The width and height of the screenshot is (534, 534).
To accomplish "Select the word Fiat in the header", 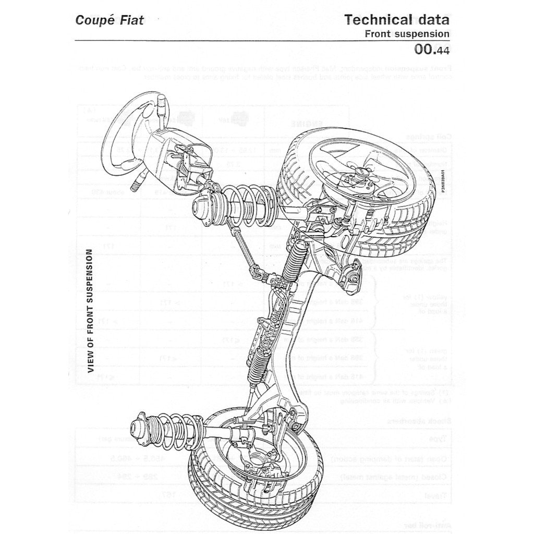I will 130,21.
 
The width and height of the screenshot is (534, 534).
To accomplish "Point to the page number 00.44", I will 431,50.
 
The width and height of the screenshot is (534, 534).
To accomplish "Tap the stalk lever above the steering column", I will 162,105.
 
